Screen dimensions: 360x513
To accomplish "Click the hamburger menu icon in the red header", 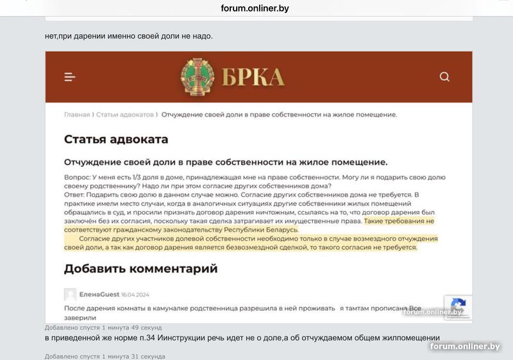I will point(70,77).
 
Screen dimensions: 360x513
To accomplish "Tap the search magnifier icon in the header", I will point(444,77).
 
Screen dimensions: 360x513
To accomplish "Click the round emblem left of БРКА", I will point(198,77).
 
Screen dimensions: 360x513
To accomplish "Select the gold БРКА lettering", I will point(253,78).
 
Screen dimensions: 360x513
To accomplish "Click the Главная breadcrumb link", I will point(77,115).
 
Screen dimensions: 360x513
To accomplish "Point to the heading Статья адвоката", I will point(116,139).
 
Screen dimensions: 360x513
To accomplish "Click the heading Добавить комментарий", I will point(140,268).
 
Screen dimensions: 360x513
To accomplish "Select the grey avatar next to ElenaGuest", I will point(70,295).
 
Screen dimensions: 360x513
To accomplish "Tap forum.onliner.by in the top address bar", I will point(255,8).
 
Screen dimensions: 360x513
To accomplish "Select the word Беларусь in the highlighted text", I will point(280,230).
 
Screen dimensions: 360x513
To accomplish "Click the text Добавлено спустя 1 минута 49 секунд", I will point(103,327).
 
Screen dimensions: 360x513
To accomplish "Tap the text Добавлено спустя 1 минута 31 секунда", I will point(105,356).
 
